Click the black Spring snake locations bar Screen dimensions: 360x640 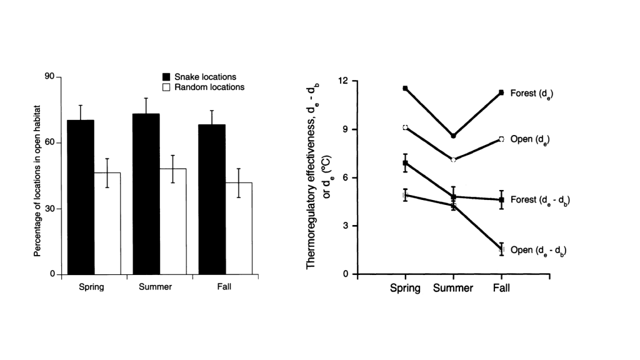80,197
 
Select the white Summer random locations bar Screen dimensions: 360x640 172,221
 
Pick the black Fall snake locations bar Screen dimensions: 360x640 212,199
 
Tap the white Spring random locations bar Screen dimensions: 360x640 107,223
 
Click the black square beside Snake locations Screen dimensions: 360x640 166,77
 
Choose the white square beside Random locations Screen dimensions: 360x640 166,87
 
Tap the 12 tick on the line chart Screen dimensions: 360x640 343,81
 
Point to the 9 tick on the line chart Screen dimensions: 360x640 346,129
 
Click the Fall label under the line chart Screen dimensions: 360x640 501,288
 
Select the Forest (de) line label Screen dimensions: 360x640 532,93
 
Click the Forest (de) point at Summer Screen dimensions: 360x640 453,136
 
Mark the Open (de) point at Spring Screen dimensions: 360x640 405,127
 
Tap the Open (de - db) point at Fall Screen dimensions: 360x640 501,249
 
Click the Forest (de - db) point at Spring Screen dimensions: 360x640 405,162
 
